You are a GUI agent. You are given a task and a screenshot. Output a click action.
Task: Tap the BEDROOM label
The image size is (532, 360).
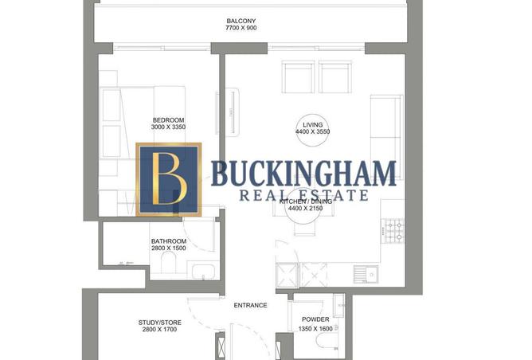click(168, 120)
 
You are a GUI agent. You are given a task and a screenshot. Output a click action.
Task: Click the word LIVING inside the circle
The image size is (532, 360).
click(312, 124)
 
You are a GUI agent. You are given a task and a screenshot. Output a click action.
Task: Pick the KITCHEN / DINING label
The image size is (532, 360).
click(312, 202)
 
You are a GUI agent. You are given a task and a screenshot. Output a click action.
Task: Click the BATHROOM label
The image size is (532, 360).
click(169, 241)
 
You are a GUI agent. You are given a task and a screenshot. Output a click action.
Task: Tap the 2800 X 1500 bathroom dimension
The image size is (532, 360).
click(169, 249)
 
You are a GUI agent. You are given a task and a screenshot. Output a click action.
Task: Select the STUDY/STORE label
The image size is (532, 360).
click(159, 323)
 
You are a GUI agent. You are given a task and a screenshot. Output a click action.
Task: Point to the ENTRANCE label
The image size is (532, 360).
click(249, 305)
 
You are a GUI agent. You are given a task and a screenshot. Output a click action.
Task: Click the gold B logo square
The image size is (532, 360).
click(169, 180)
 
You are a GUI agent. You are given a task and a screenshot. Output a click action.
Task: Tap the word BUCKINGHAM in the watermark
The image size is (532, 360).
click(303, 173)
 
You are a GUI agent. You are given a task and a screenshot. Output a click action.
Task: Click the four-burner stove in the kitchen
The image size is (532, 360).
click(393, 233)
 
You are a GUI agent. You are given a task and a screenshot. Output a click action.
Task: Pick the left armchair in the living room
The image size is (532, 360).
click(298, 77)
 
